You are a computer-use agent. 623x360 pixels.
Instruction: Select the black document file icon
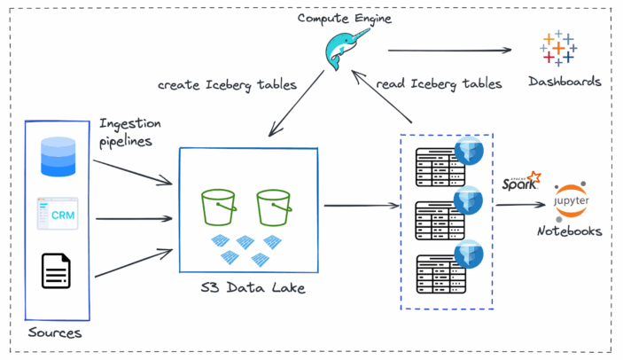(57, 270)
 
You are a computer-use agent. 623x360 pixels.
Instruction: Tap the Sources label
(55, 333)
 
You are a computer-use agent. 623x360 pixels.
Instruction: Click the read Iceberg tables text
(440, 84)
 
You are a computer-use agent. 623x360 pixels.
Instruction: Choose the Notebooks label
(569, 231)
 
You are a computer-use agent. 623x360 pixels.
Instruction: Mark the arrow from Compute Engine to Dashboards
(452, 51)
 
